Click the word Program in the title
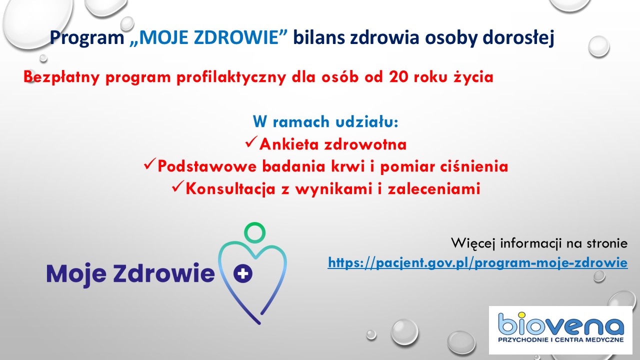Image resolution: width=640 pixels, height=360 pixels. (x=87, y=38)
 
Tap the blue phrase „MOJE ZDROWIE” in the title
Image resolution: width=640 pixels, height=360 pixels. (x=208, y=37)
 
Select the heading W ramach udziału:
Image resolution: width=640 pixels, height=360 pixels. (x=325, y=121)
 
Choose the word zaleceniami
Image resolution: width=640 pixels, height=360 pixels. (x=434, y=188)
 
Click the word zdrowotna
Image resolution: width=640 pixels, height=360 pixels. (x=365, y=144)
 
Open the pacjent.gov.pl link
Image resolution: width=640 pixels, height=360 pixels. (x=477, y=262)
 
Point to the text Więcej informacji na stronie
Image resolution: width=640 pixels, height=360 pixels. (x=539, y=243)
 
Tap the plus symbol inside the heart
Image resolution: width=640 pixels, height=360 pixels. (x=243, y=273)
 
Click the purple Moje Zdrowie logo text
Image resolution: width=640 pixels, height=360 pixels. (x=130, y=273)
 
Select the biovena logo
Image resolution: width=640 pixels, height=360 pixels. (x=560, y=330)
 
